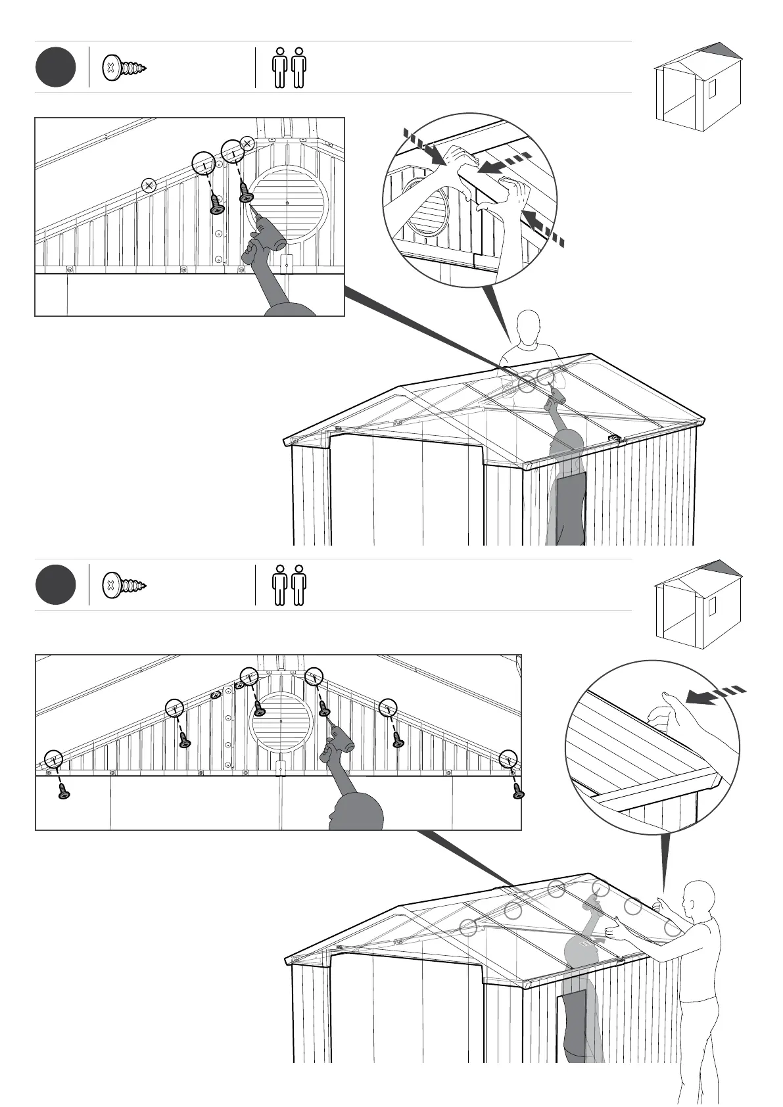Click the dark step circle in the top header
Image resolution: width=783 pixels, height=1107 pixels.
click(56, 67)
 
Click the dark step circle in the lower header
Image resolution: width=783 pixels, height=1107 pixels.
click(56, 584)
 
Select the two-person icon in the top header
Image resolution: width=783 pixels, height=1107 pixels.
click(289, 67)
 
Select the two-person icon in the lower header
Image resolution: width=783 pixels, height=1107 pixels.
click(289, 584)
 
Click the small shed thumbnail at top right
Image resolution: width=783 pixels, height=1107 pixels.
click(698, 85)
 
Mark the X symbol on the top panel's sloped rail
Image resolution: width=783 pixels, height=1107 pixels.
click(149, 185)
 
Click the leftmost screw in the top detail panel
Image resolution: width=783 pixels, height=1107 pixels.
click(217, 204)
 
